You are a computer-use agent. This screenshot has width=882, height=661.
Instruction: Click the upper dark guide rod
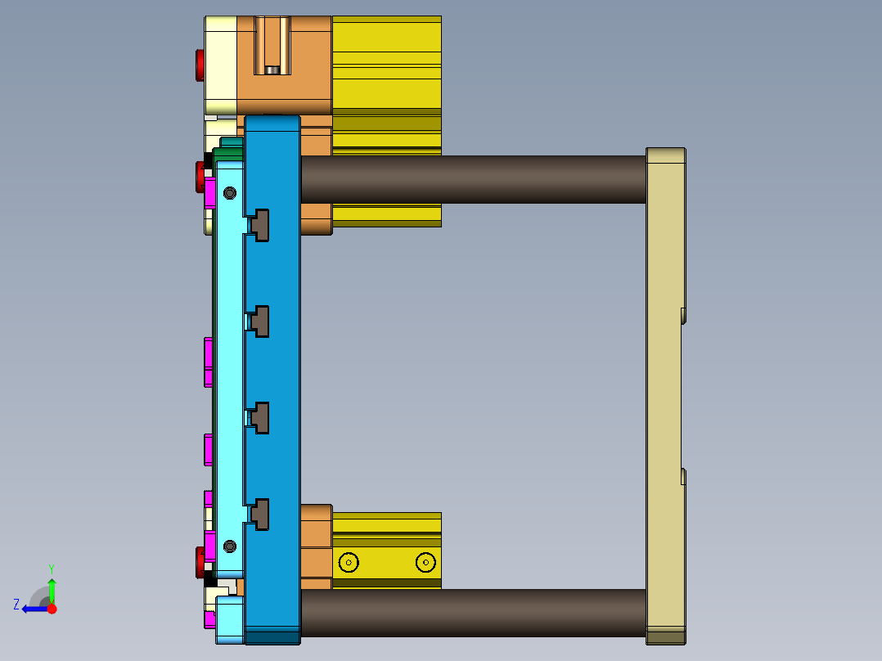473,179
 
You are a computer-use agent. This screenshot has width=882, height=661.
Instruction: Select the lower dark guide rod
473,613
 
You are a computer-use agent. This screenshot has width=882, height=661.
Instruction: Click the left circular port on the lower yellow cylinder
349,562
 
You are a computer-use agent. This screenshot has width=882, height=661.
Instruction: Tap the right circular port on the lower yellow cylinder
425,562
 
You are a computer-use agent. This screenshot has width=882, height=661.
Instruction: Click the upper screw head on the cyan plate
230,193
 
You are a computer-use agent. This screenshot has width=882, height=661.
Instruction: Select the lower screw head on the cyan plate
230,546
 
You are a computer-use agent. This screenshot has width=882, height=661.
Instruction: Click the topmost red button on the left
200,65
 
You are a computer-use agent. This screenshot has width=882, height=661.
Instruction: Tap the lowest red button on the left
200,562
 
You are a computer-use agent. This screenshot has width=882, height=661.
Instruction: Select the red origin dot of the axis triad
52,609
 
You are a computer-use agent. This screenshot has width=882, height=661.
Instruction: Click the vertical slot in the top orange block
272,46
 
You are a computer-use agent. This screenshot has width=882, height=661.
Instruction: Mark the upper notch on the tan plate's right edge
683,316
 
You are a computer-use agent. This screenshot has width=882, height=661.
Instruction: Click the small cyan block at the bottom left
230,618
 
